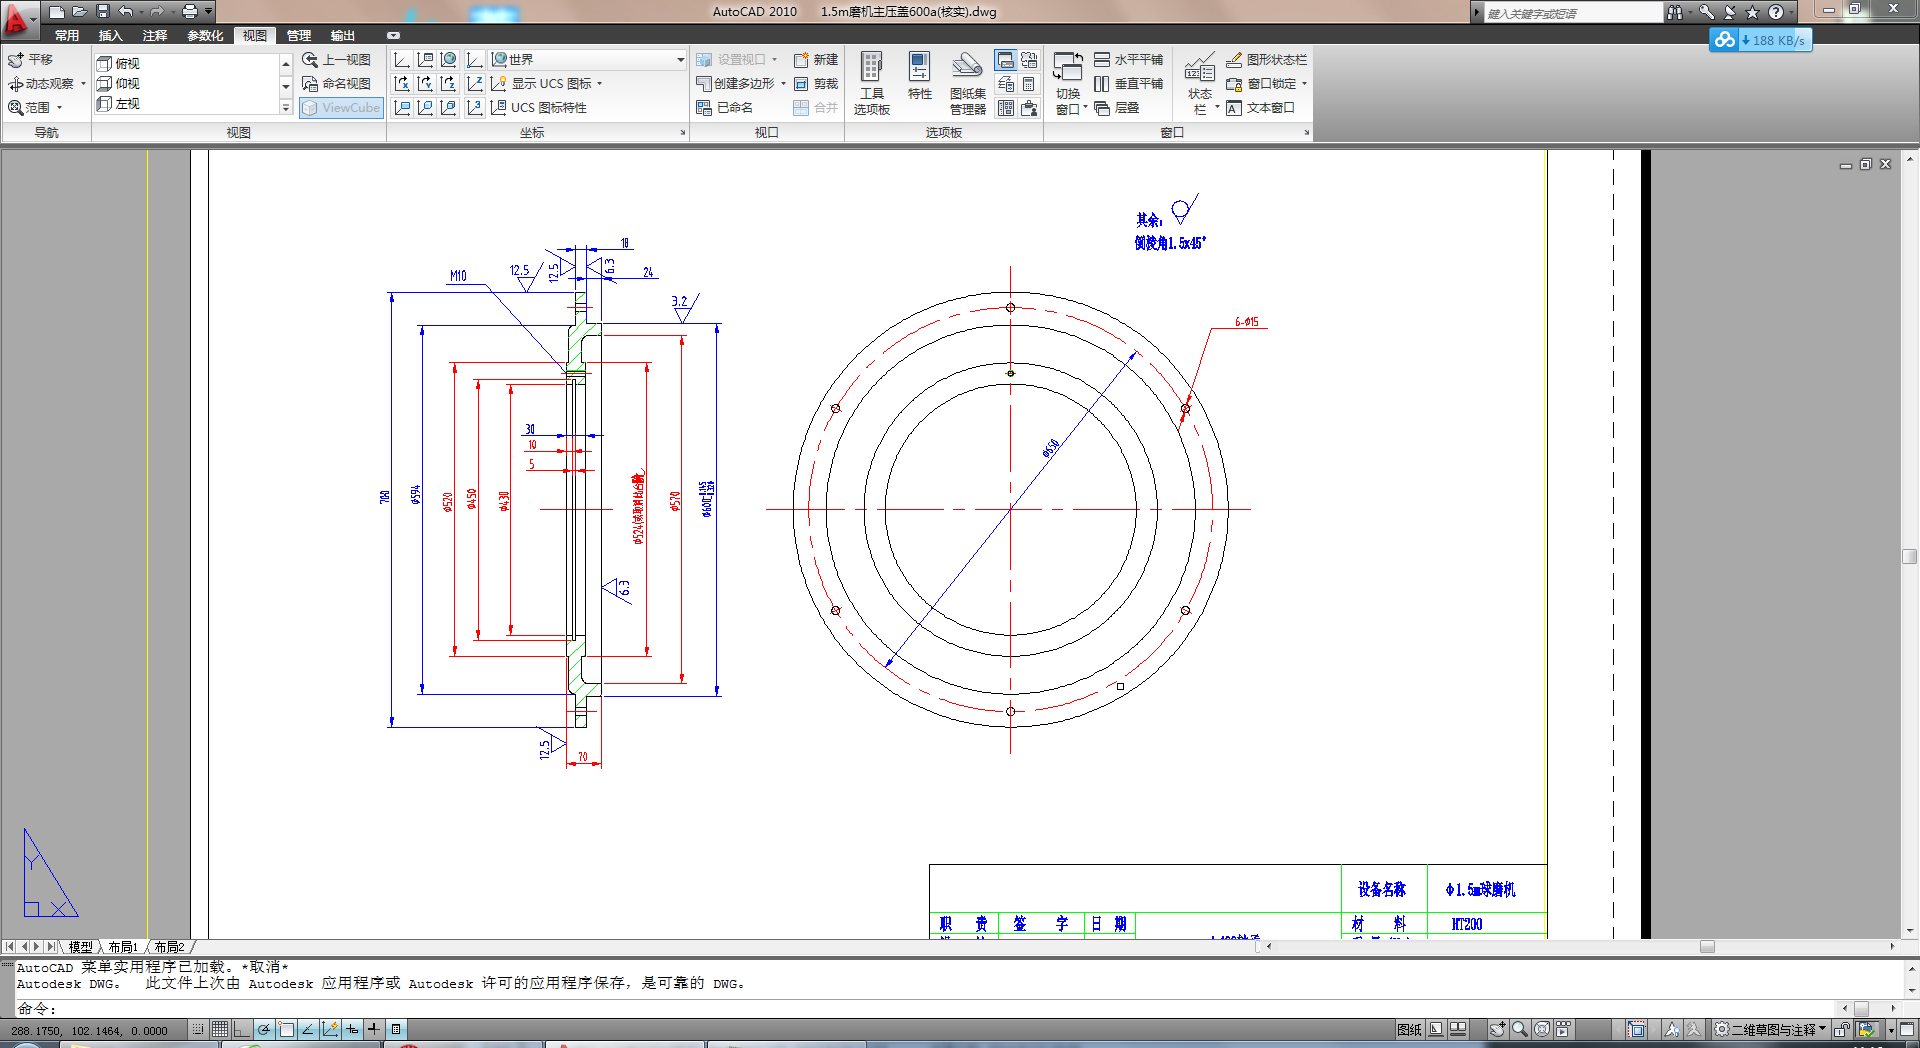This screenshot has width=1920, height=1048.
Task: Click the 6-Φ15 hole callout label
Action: click(x=1246, y=322)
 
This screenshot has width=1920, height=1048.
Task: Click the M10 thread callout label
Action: click(x=458, y=276)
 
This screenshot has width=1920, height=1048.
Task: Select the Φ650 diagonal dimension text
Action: click(x=1050, y=449)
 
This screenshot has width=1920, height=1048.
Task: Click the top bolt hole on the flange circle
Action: click(x=1010, y=308)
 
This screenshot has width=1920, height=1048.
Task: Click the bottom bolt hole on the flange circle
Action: click(x=1010, y=711)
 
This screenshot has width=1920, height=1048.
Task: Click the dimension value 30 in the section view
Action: click(x=530, y=429)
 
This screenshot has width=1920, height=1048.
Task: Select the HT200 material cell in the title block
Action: click(x=1466, y=924)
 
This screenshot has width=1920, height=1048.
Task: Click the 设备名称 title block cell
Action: click(x=1382, y=889)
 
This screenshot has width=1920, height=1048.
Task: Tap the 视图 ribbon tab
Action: click(x=255, y=35)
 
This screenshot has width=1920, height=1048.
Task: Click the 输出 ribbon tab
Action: click(x=343, y=35)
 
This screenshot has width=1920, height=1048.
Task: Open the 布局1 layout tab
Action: click(x=123, y=946)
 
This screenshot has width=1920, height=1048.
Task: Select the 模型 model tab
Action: click(x=80, y=946)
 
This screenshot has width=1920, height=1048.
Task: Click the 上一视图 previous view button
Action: click(x=337, y=60)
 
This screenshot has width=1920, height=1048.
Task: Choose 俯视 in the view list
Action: click(x=127, y=63)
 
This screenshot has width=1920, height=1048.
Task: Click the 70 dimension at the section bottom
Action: click(x=583, y=757)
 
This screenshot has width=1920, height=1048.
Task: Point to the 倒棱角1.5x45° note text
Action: click(x=1170, y=243)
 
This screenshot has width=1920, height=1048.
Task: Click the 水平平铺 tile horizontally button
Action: click(x=1129, y=60)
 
